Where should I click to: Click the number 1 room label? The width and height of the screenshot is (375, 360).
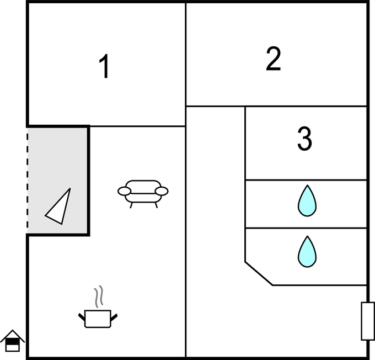tap(104, 67)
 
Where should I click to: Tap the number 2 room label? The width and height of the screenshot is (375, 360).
tap(273, 59)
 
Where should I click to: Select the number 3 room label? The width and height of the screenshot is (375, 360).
tap(304, 139)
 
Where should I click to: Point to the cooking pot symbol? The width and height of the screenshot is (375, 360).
tap(98, 318)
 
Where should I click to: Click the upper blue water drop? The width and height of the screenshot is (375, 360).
tap(307, 200)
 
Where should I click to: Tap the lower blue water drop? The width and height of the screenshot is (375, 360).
tap(307, 252)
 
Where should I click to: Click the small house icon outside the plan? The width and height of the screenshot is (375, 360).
tap(12, 341)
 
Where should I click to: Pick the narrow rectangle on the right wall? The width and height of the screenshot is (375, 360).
tap(367, 321)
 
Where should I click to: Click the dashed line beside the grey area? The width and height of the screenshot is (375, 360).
tap(27, 179)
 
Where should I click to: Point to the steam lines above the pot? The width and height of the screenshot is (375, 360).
tap(98, 297)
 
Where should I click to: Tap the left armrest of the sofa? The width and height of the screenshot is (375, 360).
tap(125, 192)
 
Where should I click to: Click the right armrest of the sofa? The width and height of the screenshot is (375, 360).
tap(162, 192)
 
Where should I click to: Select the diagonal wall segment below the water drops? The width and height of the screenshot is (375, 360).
tap(259, 273)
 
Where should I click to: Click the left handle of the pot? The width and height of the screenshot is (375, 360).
tap(82, 316)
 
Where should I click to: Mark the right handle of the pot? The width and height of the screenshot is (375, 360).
tap(115, 316)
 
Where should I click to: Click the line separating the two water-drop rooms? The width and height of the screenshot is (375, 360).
tap(306, 228)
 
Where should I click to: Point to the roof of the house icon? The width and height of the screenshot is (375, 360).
tap(12, 335)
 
